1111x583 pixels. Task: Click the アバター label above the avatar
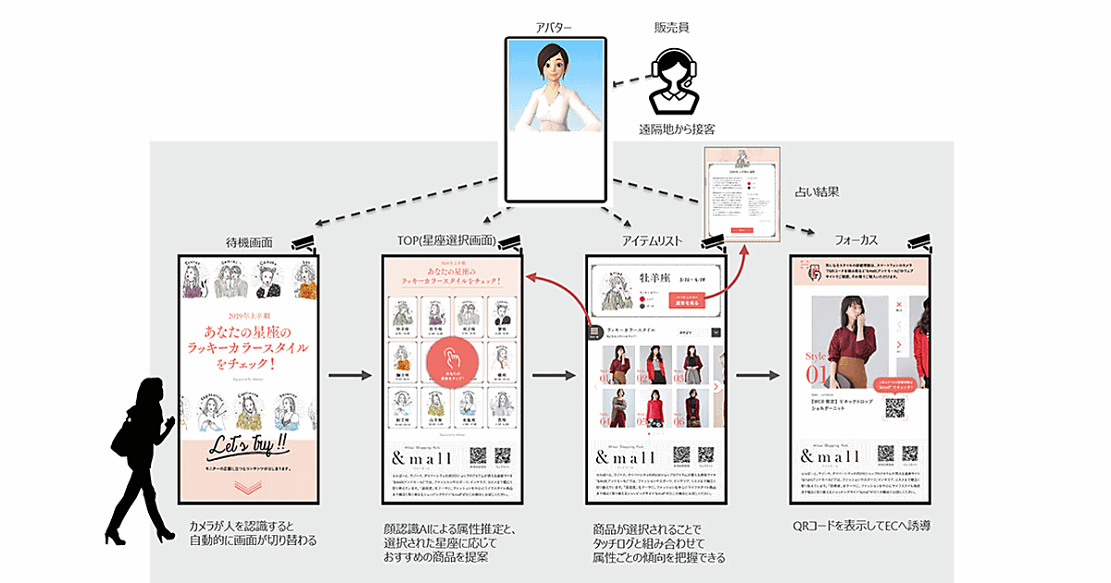(555, 28)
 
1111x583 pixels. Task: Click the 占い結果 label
(817, 192)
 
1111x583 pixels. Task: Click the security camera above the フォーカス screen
(918, 242)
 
